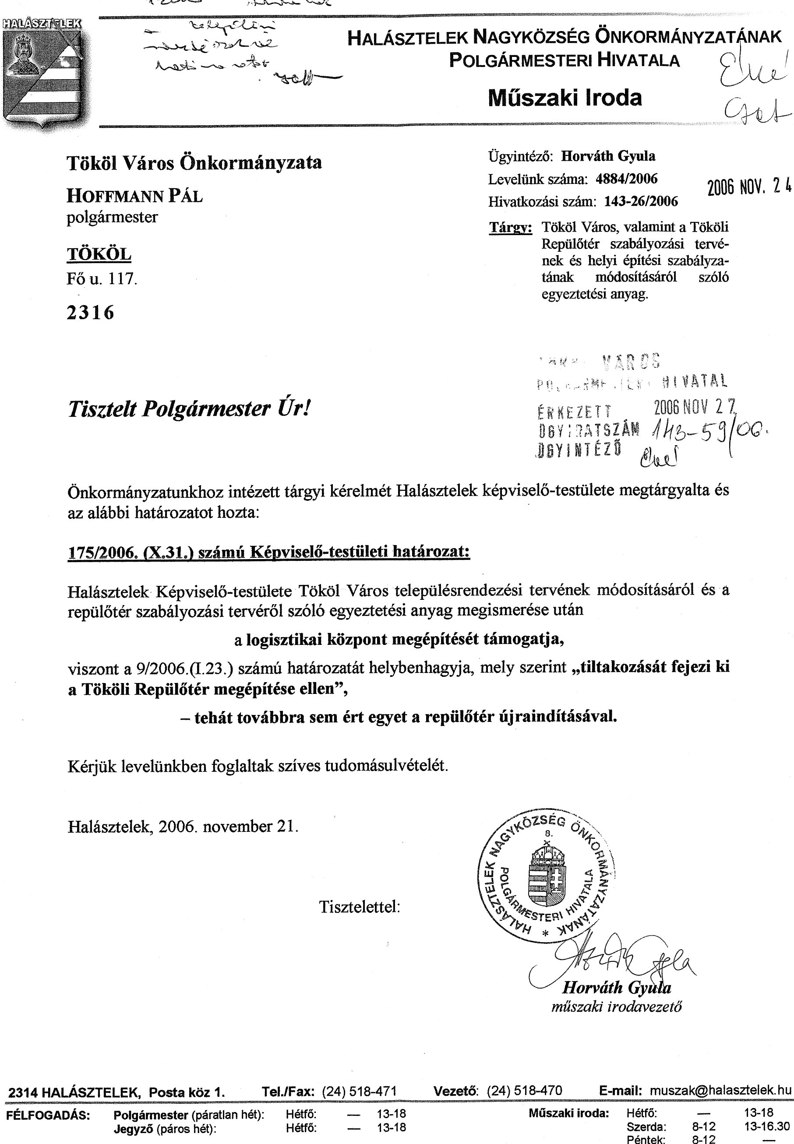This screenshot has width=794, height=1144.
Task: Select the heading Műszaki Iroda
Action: pos(565,98)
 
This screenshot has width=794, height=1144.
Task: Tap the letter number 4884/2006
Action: pos(626,179)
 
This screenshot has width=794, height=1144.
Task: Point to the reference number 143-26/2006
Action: pos(641,201)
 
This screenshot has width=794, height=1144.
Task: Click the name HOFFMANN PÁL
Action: pos(135,196)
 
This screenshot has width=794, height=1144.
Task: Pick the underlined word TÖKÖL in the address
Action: pos(99,255)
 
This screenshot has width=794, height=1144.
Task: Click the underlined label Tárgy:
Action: pos(511,228)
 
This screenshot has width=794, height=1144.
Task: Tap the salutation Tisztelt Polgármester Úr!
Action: pos(189,409)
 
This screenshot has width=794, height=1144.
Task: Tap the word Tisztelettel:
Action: pos(360,906)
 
